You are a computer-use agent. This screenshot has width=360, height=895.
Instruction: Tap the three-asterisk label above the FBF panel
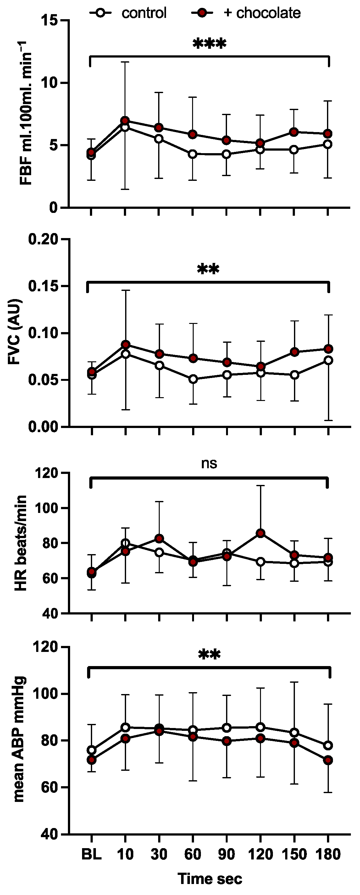click(209, 44)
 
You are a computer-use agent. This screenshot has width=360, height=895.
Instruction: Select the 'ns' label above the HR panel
click(209, 464)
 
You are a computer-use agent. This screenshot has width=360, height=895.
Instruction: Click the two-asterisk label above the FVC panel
click(208, 269)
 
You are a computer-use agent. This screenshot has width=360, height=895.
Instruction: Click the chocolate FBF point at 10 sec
click(125, 120)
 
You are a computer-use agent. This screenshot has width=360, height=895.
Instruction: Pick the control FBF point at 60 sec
click(192, 154)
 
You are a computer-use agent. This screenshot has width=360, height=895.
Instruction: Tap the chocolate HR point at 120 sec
click(260, 533)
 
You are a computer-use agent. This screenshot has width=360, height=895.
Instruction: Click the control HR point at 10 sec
click(125, 543)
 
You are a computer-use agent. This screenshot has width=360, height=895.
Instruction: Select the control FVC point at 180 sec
click(328, 360)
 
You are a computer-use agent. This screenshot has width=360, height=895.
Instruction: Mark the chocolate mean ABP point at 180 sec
click(328, 760)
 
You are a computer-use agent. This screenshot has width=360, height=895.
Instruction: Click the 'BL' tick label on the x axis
click(91, 854)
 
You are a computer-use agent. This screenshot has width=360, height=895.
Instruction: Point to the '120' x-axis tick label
click(260, 854)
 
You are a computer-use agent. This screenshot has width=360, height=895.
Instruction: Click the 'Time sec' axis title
click(210, 879)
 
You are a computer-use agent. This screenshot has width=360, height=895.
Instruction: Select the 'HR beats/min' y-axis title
click(21, 543)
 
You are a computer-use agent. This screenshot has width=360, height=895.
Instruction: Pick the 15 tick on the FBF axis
click(49, 20)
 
